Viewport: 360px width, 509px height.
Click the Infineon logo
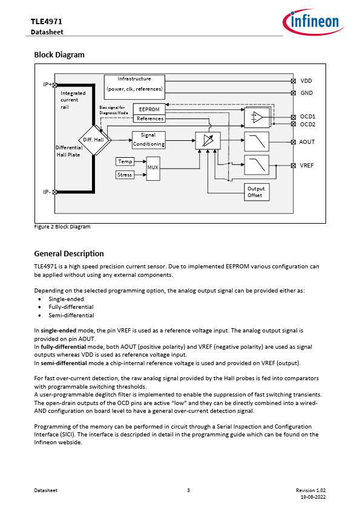tap(313, 22)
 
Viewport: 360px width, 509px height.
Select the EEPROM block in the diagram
tap(149, 109)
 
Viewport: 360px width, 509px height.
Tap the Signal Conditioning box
tap(149, 140)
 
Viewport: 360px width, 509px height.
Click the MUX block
tap(153, 168)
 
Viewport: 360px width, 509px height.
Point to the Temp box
tap(125, 161)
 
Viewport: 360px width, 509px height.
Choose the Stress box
tap(125, 175)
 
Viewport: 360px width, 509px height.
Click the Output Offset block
tap(257, 192)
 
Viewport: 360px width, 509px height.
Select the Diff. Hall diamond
tap(94, 140)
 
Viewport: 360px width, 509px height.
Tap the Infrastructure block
tap(134, 87)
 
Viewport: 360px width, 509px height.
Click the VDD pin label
tap(306, 81)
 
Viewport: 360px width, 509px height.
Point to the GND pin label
tap(307, 93)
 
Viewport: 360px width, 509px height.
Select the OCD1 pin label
tap(308, 116)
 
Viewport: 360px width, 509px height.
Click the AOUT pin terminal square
tap(293, 142)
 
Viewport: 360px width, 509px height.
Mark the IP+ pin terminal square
tap(54, 85)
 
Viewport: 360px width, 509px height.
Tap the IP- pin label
tap(47, 192)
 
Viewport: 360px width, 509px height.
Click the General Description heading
tap(69, 253)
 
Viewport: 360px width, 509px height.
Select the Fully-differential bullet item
tap(71, 306)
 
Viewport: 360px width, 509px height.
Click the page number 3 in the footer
tap(188, 490)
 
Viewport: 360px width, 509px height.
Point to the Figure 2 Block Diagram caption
tap(62, 227)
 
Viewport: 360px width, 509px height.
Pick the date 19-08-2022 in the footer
tap(313, 497)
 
